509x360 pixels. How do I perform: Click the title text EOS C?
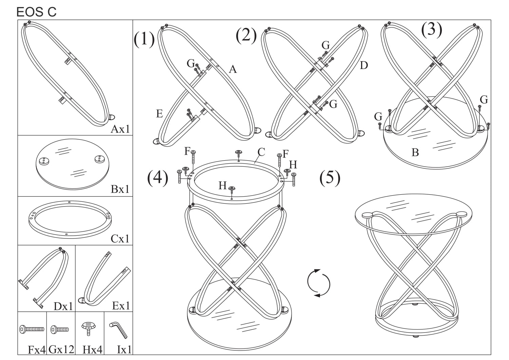pos(36,12)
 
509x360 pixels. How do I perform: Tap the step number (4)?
pos(157,178)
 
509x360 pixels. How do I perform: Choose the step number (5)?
pos(330,178)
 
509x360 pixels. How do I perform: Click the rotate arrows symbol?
pos(319,283)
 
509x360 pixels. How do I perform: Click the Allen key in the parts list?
pos(118,330)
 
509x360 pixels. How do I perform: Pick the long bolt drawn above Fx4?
pos(32,329)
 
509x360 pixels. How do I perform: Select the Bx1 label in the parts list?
pos(120,189)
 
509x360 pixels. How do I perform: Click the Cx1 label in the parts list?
pos(120,239)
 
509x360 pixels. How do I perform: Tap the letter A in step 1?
pos(232,70)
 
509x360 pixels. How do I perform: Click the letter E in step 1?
pos(159,114)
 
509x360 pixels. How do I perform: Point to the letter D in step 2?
pos(364,65)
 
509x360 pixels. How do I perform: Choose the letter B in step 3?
pos(415,153)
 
